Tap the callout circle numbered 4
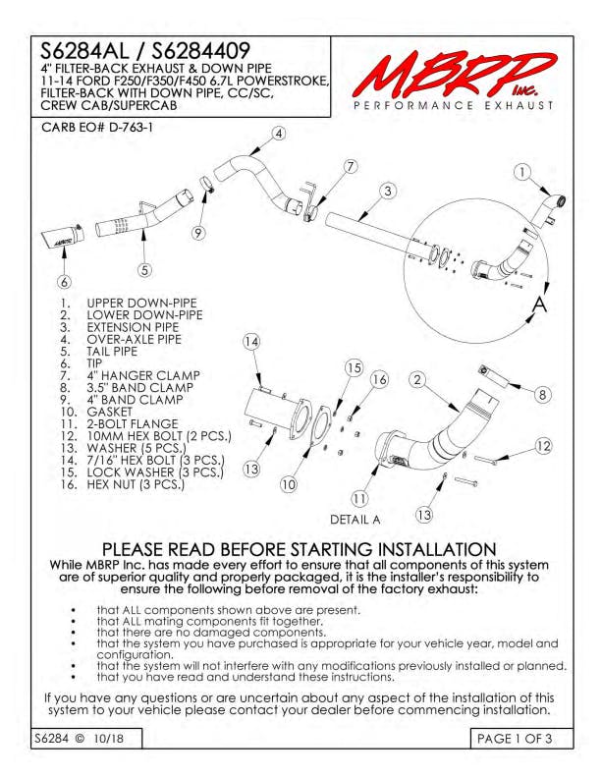click(279, 134)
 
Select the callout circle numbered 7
click(351, 166)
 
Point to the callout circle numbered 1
click(521, 172)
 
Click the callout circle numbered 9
click(198, 233)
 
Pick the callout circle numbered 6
click(65, 282)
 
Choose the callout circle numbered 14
click(251, 342)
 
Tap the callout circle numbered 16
click(379, 379)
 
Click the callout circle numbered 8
click(542, 395)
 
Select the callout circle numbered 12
click(543, 446)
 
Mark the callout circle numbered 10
click(289, 484)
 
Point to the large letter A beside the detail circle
click(539, 305)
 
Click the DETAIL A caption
click(355, 520)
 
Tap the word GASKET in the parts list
click(110, 412)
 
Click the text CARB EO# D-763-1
click(97, 128)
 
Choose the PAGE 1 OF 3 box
click(521, 739)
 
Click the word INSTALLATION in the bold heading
click(437, 549)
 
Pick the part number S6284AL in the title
click(83, 50)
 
